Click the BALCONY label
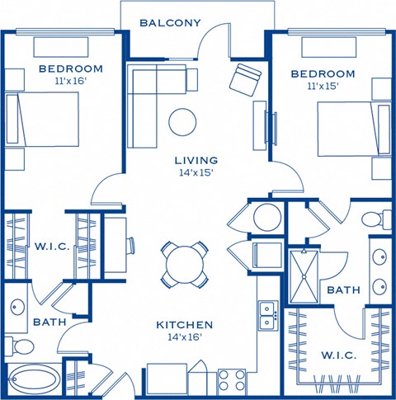170,22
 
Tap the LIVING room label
196,160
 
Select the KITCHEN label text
185,325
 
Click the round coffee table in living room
183,121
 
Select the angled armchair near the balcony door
244,79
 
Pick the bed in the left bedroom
45,120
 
